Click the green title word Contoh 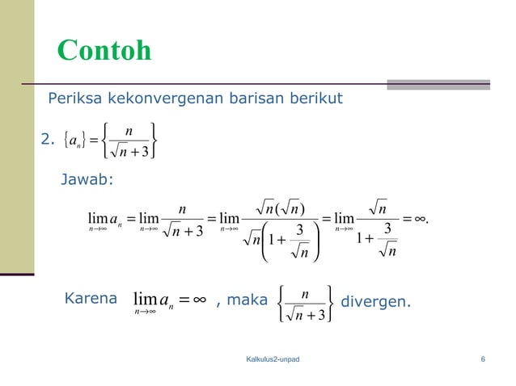(x=104, y=51)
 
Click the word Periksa (x=74, y=99)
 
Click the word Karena (x=89, y=300)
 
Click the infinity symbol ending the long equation (x=419, y=217)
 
